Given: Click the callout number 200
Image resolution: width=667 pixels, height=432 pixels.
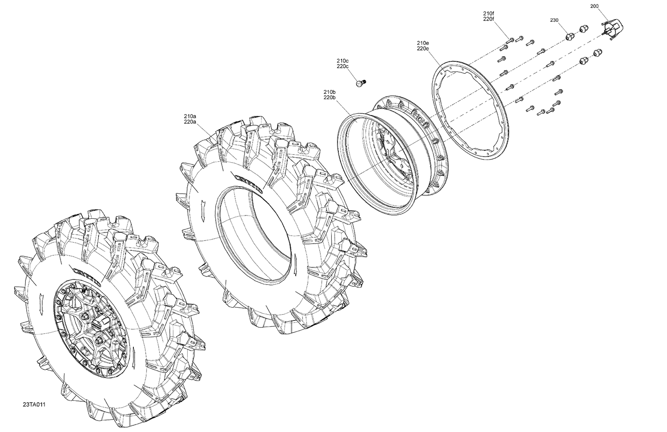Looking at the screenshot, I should click(594, 6).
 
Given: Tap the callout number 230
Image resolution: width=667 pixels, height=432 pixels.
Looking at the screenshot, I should click(554, 20).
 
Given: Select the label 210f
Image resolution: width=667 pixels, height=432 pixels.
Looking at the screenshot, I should click(488, 13).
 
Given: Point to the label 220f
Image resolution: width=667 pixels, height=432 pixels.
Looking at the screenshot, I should click(488, 19).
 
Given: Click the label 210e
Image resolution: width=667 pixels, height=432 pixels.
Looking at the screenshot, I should click(423, 43).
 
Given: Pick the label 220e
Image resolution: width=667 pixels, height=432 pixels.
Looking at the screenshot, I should click(423, 49).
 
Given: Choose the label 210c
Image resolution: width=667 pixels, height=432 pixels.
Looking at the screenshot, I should click(342, 61).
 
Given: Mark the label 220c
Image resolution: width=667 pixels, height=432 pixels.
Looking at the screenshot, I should click(342, 67).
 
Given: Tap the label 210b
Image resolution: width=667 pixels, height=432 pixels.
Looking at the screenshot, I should click(329, 92).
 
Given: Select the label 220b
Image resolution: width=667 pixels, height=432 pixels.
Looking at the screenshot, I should click(329, 98).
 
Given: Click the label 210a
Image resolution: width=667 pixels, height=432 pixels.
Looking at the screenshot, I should click(190, 116).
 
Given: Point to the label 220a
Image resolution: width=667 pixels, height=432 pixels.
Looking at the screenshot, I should click(190, 122).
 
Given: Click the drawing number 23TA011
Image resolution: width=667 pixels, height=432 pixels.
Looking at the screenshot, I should click(35, 405).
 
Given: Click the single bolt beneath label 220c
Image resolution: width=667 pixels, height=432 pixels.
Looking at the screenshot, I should click(361, 83).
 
